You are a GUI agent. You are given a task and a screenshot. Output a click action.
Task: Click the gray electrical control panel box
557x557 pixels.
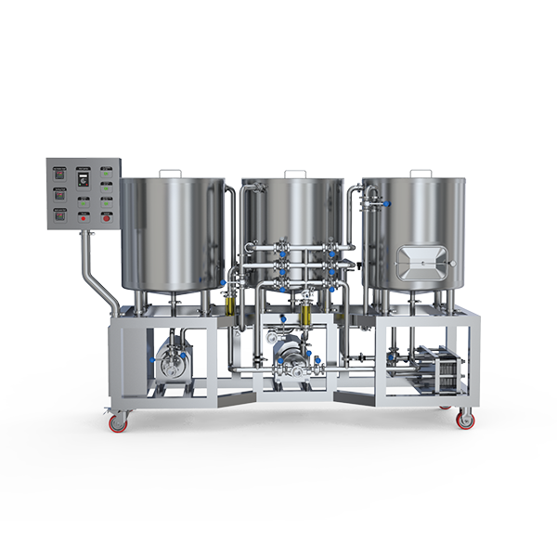point(84,192)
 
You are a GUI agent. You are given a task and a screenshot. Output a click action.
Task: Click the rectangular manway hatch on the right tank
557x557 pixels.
point(423,262)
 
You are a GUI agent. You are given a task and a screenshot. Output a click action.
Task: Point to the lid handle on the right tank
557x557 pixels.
point(420,173)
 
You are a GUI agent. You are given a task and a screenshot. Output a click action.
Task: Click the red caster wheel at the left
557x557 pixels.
point(117,422)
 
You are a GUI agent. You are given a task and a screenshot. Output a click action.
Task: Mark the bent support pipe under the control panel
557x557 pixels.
point(97,274)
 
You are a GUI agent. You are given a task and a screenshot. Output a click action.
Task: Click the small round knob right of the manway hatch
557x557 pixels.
point(454,264)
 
